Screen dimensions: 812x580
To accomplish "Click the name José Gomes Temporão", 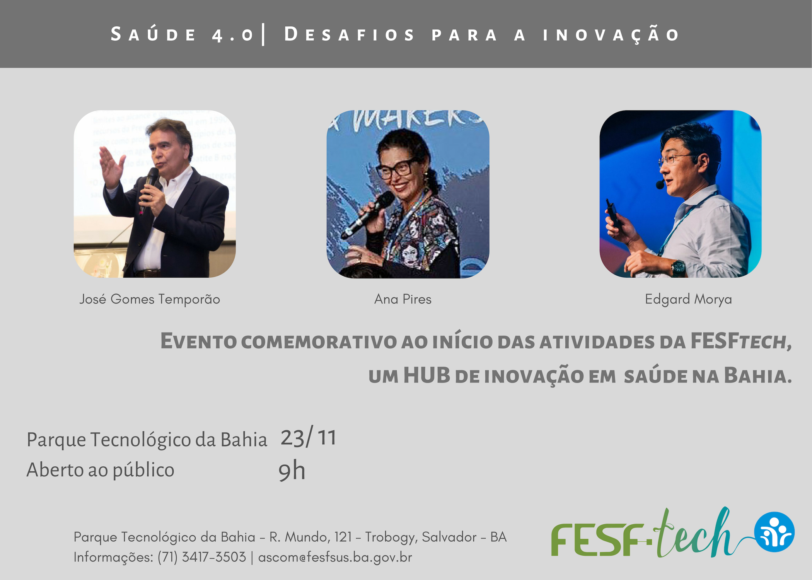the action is (x=150, y=300).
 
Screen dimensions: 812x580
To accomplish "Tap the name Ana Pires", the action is (x=403, y=299).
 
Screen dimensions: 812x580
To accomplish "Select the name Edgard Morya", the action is (x=688, y=300).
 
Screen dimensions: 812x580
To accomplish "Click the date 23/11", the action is (x=308, y=438).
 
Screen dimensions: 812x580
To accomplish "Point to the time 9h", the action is (x=292, y=471).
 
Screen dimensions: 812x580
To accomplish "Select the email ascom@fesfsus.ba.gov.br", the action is (x=335, y=557).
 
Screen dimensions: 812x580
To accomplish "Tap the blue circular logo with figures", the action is (x=774, y=532).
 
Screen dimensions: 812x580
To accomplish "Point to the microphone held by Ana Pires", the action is (x=367, y=215).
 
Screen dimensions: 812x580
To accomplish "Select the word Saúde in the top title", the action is (x=154, y=34).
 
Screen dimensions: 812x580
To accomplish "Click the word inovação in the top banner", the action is (x=611, y=34).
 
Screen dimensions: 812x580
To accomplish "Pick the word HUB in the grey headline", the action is (x=426, y=375).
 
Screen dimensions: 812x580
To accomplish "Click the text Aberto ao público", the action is (x=101, y=471).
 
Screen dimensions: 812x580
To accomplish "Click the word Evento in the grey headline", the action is (x=198, y=341).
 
